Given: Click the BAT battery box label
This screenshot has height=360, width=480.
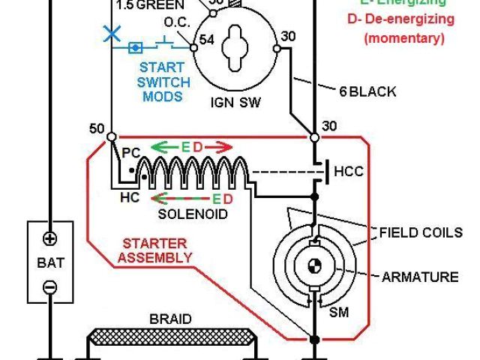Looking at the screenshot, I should pos(50,263).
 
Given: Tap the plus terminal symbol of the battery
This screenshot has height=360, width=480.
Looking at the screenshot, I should pos(50,239).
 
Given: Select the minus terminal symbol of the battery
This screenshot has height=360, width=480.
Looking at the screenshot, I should pos(50,286).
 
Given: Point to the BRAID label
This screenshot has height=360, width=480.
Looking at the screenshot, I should pos(170,319).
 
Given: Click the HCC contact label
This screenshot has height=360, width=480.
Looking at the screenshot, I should pos(348,171).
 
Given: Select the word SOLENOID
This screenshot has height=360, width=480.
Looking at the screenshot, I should pos(192,214).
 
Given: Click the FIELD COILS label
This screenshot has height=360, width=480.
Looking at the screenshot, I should pos(420,232).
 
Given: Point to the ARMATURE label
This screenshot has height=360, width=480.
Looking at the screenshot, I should pos(420,277).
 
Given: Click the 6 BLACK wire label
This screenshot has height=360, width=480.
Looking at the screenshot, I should pos(367,91).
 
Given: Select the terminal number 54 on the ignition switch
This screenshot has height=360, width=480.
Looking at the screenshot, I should pos(207,40).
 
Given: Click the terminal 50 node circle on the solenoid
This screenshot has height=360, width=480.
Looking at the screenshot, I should pos(111,137).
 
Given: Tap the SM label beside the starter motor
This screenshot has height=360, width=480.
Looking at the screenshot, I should pos(339,312).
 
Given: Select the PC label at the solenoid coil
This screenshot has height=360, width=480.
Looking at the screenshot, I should pos(131,153).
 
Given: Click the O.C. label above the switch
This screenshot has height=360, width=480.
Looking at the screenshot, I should pos(175,22).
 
